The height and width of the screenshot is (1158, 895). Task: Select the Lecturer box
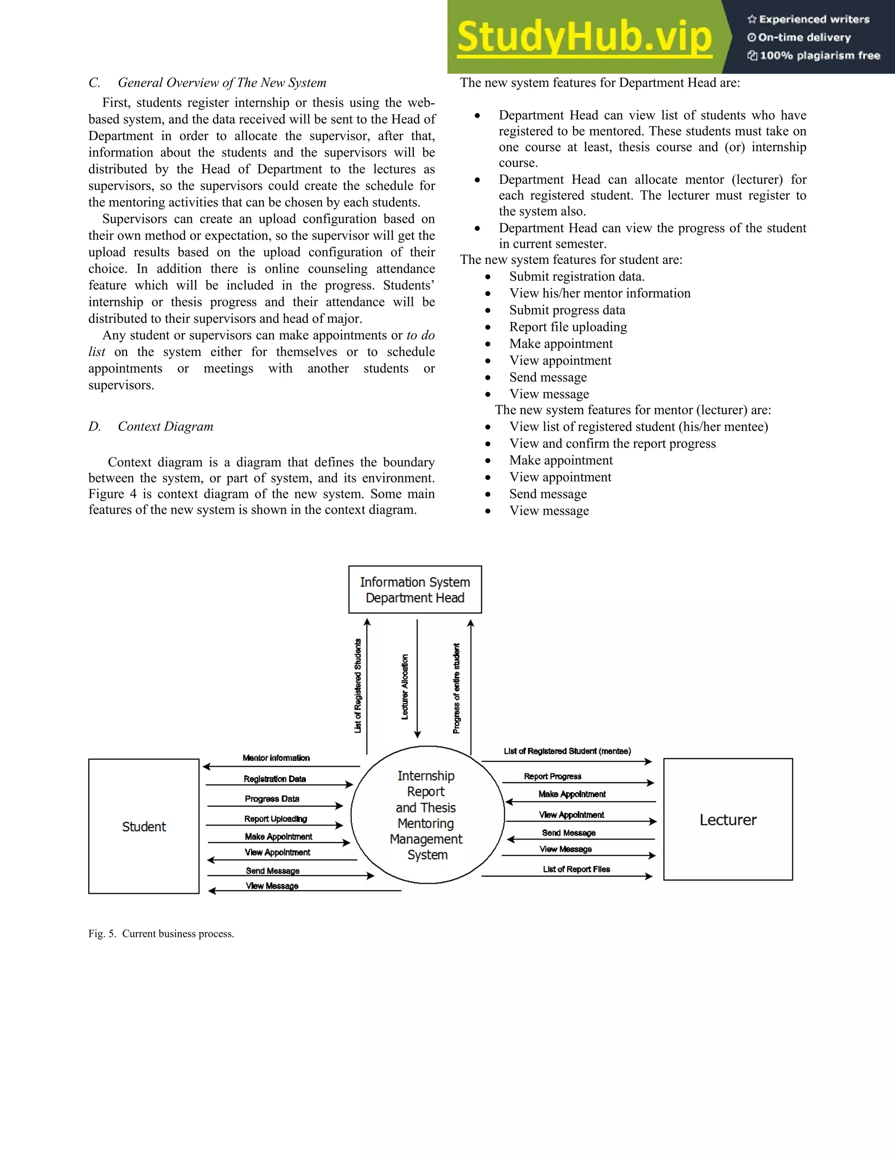728,820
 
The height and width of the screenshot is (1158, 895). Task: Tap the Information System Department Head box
415,589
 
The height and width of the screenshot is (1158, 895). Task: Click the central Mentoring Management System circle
427,815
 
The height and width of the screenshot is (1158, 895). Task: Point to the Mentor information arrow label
276,758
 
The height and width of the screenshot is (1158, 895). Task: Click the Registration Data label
274,779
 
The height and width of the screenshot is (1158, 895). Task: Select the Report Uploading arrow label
275,818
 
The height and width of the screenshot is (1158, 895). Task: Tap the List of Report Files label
576,869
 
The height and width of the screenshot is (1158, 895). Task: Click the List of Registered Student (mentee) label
567,751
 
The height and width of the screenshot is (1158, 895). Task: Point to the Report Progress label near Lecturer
552,776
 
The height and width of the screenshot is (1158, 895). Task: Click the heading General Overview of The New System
222,83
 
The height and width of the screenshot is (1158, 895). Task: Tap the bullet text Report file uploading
568,327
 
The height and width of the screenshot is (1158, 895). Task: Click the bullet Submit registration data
577,277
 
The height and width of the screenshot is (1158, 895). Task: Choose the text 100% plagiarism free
819,55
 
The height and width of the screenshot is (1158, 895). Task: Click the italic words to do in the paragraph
420,336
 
